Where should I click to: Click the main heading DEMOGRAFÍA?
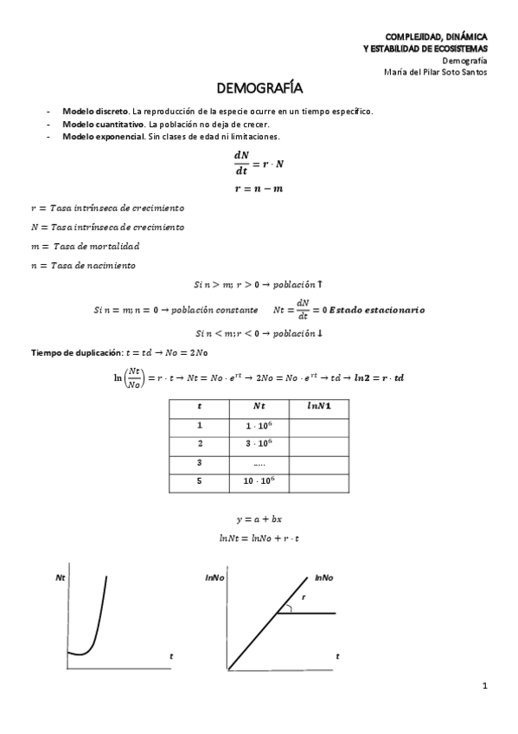pos(259,89)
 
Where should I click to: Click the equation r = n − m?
pos(259,189)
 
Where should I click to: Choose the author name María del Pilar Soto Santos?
pos(435,72)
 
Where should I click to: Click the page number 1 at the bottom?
pos(485,686)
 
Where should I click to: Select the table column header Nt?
pos(259,406)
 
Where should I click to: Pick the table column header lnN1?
pos(318,406)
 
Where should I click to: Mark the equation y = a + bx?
pos(259,519)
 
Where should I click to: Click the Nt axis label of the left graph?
pos(60,576)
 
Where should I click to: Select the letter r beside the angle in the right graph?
pos(304,597)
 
